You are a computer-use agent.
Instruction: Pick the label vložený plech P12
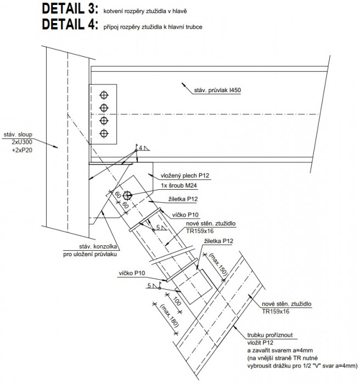186,176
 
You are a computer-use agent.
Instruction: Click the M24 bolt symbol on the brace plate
128,194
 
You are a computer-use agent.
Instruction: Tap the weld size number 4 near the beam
140,148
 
